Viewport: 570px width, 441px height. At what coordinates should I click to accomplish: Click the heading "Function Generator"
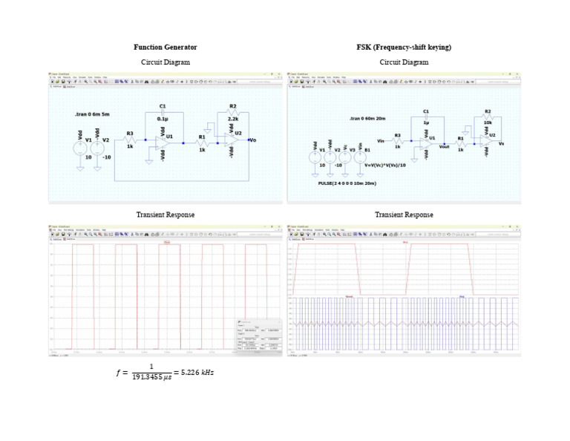pyautogui.click(x=165, y=48)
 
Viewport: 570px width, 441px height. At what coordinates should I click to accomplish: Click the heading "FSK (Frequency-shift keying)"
pyautogui.click(x=404, y=48)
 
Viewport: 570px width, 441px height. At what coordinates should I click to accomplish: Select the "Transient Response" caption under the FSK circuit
pyautogui.click(x=404, y=215)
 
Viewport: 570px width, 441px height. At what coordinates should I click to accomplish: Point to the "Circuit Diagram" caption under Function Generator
pyautogui.click(x=166, y=62)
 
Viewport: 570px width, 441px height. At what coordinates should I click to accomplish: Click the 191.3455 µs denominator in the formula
pyautogui.click(x=151, y=378)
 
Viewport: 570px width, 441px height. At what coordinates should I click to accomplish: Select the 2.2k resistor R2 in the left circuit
pyautogui.click(x=232, y=114)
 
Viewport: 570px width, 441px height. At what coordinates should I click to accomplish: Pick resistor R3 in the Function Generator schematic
pyautogui.click(x=130, y=140)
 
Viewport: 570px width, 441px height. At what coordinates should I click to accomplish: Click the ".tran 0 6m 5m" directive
pyautogui.click(x=92, y=114)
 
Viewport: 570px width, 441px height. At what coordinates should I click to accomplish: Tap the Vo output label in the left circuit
pyautogui.click(x=253, y=140)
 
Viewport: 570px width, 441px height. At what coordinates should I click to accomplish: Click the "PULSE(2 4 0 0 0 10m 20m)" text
pyautogui.click(x=347, y=182)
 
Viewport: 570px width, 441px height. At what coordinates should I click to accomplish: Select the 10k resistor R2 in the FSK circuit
pyautogui.click(x=487, y=117)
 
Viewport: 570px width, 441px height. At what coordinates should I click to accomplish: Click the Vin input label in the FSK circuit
pyautogui.click(x=381, y=139)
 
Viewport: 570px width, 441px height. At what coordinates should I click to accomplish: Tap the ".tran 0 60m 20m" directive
pyautogui.click(x=367, y=118)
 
